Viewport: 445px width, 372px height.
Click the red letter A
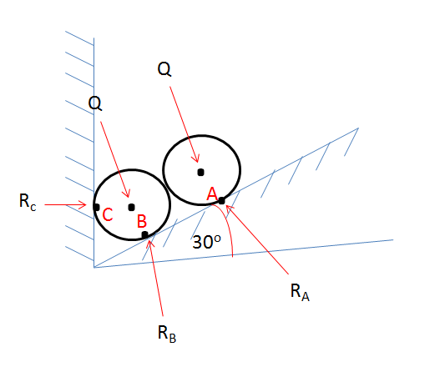pos(212,194)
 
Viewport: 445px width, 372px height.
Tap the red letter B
pos(142,220)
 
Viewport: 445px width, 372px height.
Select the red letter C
pos(108,214)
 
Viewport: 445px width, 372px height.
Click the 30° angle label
pos(205,242)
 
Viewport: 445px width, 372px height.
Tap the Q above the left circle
pos(96,103)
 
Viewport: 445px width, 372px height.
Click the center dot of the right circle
pos(200,173)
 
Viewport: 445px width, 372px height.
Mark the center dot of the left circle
pos(131,207)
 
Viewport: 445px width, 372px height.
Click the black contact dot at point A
pos(221,199)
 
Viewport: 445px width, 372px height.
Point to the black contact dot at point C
pos(96,207)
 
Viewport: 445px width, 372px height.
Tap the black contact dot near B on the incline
pos(145,235)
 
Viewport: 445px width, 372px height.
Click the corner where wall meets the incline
pos(94,267)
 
